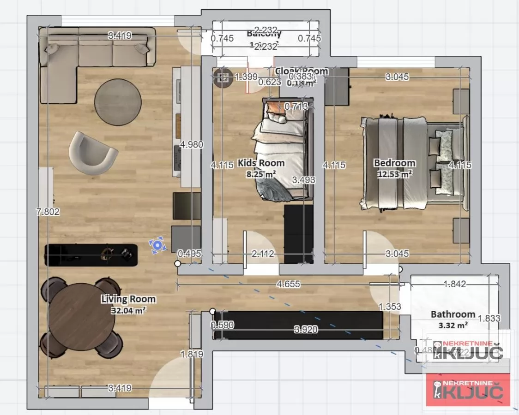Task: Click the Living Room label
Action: click(x=128, y=299)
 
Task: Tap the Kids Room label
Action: click(x=261, y=163)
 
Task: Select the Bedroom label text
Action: click(x=394, y=163)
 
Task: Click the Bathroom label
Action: click(x=453, y=314)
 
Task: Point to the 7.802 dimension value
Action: click(x=48, y=212)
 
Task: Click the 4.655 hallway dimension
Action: click(x=288, y=284)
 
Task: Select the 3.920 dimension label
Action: click(x=306, y=329)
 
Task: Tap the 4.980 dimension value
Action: click(x=192, y=144)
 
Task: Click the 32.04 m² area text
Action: click(x=128, y=310)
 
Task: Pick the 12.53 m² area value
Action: click(x=394, y=174)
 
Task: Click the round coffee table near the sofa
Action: click(x=118, y=102)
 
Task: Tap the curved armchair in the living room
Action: click(x=92, y=153)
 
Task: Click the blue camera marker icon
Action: click(x=158, y=245)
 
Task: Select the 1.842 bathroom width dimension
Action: click(x=454, y=284)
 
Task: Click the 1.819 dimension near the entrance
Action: click(x=192, y=354)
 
